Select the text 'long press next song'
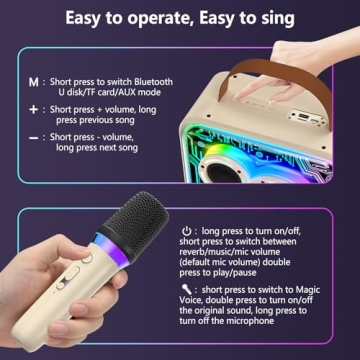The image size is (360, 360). [x=93, y=147]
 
